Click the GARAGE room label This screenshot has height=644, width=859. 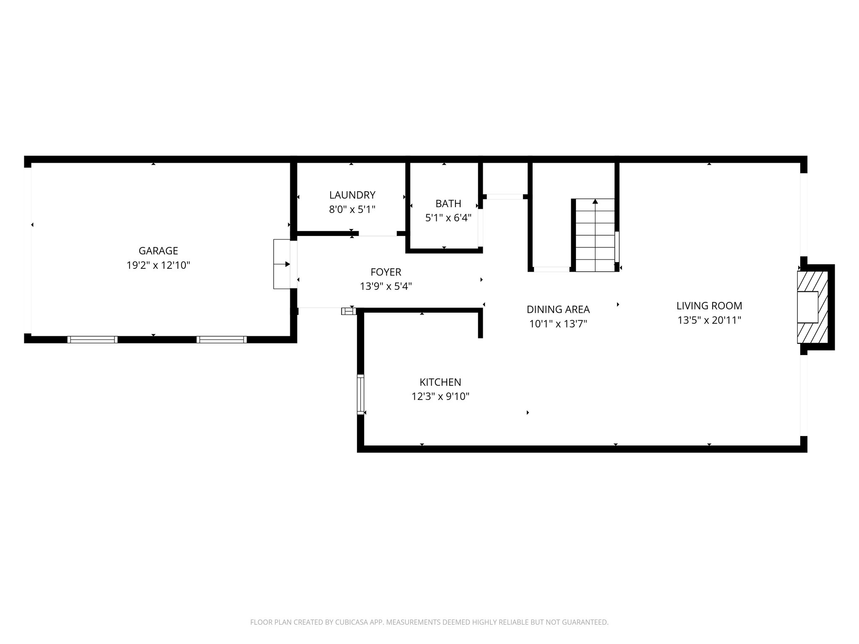pyautogui.click(x=158, y=251)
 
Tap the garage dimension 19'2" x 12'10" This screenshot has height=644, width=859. pyautogui.click(x=158, y=265)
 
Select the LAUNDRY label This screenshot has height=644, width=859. pyautogui.click(x=352, y=195)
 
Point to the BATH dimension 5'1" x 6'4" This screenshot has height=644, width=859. pyautogui.click(x=448, y=218)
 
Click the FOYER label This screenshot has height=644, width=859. pyautogui.click(x=386, y=272)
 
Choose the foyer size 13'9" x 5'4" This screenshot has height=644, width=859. pyautogui.click(x=386, y=286)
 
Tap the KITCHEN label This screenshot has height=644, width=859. pyautogui.click(x=440, y=382)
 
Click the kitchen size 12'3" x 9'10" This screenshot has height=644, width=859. pyautogui.click(x=440, y=397)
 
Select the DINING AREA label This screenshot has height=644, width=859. pyautogui.click(x=558, y=309)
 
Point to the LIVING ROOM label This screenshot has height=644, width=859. pyautogui.click(x=709, y=306)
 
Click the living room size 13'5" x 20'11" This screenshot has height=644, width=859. pyautogui.click(x=709, y=320)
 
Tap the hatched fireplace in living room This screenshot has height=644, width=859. pyautogui.click(x=812, y=307)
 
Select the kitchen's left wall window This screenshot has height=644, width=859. pyautogui.click(x=360, y=395)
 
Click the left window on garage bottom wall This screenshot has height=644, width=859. pyautogui.click(x=92, y=340)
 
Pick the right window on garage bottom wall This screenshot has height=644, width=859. pyautogui.click(x=221, y=340)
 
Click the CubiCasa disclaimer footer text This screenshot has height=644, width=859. pyautogui.click(x=429, y=623)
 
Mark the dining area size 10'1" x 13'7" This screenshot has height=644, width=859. pyautogui.click(x=558, y=324)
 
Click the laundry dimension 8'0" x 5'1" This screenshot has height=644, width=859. pyautogui.click(x=352, y=209)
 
